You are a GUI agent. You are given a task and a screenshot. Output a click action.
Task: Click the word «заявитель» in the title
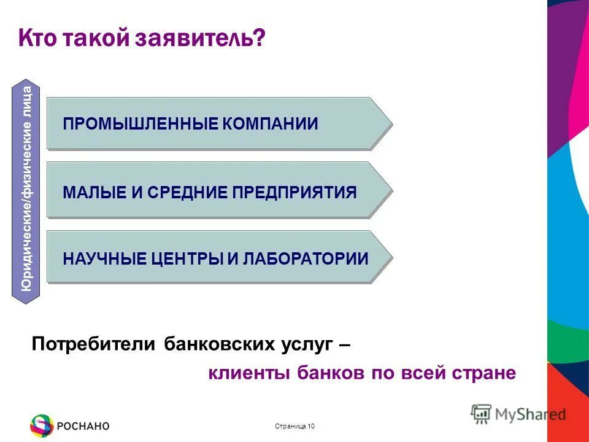pos(204,39)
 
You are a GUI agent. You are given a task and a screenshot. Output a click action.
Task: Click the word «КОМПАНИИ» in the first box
pos(270,123)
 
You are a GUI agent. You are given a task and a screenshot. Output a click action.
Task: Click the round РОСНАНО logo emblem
pos(42,425)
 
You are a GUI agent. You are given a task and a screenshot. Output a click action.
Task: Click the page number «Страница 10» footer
pos(295,427)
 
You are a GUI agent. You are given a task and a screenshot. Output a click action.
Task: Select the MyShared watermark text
pos(530,414)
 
